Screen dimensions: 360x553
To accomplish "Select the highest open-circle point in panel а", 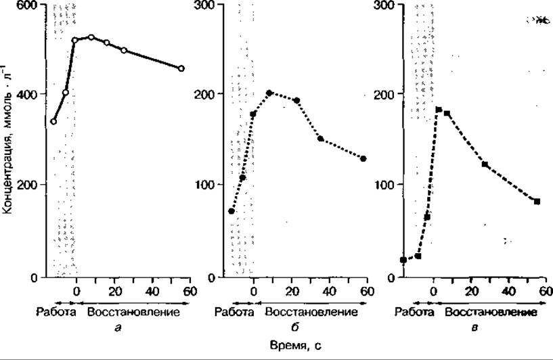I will pyautogui.click(x=91, y=37).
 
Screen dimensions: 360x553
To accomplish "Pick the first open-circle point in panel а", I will pyautogui.click(x=53, y=122).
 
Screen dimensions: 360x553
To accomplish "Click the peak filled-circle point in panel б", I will pyautogui.click(x=269, y=93).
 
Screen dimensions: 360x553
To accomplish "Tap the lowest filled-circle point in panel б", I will pyautogui.click(x=231, y=211).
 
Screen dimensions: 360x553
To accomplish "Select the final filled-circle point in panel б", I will pyautogui.click(x=363, y=158).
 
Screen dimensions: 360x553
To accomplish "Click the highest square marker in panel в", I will pyautogui.click(x=439, y=110).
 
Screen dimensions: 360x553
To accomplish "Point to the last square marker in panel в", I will pyautogui.click(x=537, y=201).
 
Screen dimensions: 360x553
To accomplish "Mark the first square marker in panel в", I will pyautogui.click(x=403, y=260).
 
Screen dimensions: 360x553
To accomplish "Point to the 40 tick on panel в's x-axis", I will pyautogui.click(x=506, y=292).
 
